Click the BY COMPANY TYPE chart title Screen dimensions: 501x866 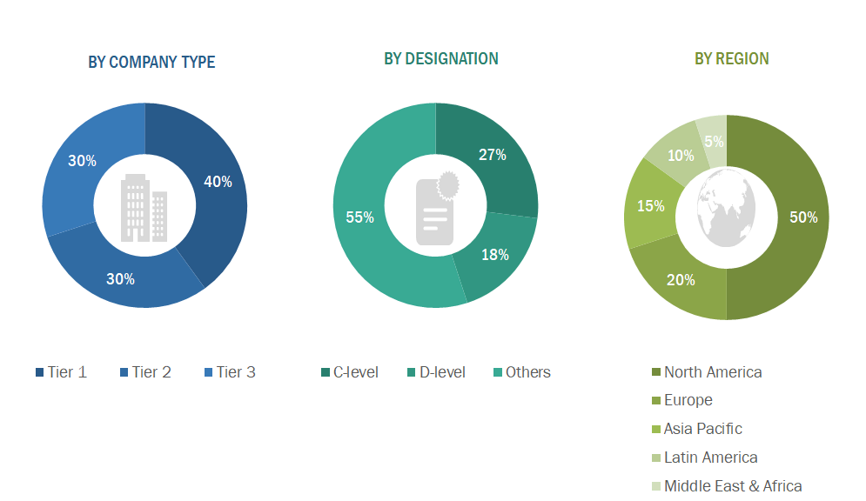151,62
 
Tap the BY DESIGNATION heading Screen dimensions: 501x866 441,58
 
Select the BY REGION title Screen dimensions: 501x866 731,58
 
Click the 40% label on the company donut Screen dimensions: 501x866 218,182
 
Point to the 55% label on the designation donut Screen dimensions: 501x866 359,217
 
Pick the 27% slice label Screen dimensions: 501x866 492,155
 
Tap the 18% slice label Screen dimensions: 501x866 494,255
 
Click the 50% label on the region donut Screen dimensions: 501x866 803,217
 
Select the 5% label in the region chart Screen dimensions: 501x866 714,142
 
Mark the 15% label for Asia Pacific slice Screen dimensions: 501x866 650,206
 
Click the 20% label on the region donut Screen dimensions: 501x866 681,280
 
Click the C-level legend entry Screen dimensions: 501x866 349,372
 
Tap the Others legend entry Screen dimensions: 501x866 521,372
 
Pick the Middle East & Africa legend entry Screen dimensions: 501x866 726,486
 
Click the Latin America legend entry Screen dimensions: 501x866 703,458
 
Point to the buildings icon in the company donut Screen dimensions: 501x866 144,207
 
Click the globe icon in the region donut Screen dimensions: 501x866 726,206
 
